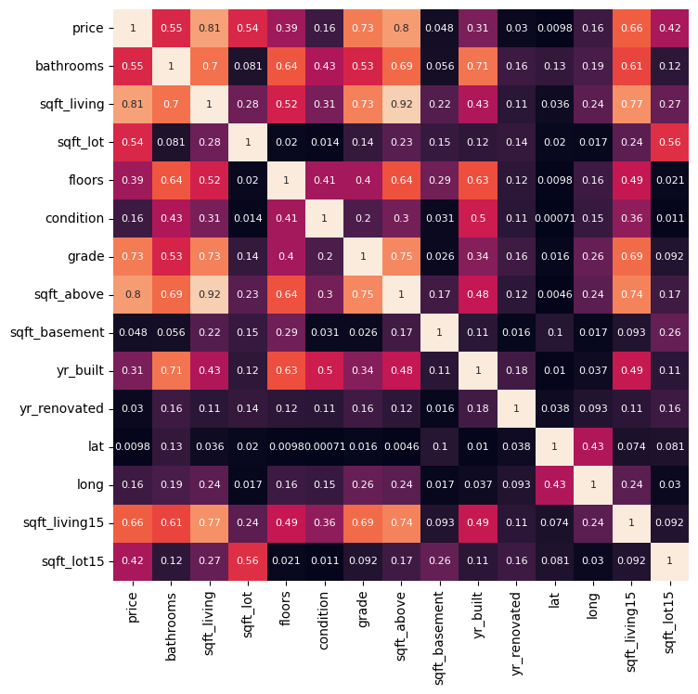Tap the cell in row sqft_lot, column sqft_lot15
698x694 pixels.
[669, 143]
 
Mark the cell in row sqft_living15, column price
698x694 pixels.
[133, 523]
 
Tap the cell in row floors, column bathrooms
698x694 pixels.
[171, 181]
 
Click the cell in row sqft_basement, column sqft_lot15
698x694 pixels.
[669, 333]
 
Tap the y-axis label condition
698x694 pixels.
[74, 219]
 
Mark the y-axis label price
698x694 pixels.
[88, 29]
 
